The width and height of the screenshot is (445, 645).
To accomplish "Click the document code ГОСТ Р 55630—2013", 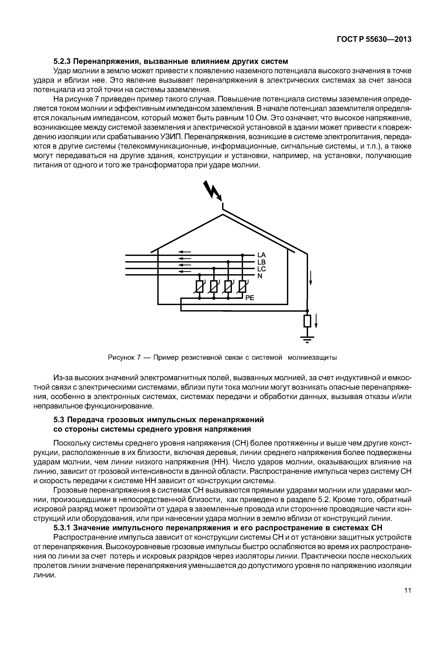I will [x=374, y=40].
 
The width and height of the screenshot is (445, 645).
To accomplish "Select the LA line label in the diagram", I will [x=261, y=255].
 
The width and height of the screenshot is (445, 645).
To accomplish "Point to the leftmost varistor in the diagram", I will [x=200, y=287].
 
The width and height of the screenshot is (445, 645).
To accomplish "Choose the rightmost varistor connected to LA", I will [x=243, y=287].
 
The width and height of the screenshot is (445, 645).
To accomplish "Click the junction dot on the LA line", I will [x=243, y=255].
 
